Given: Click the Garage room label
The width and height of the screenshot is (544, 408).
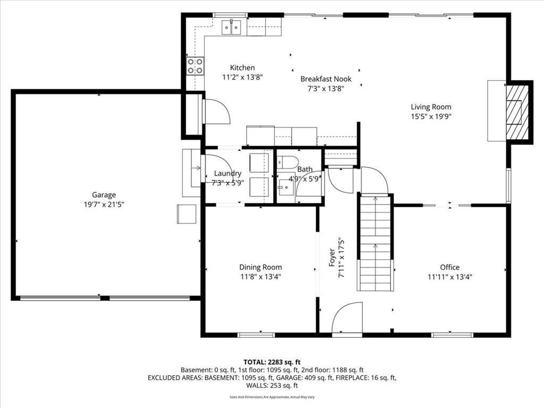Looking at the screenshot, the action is [104, 195].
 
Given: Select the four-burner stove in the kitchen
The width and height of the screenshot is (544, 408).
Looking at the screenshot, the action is [195, 66].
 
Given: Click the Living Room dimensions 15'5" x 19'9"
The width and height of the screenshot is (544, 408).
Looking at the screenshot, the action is [431, 116].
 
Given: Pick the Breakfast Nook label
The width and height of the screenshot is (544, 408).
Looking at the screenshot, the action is [326, 79].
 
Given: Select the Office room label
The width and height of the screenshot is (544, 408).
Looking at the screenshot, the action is [450, 267].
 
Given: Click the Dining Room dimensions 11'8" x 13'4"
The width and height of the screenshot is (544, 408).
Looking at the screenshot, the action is [260, 277].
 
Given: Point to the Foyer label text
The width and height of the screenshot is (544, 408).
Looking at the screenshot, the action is [332, 258].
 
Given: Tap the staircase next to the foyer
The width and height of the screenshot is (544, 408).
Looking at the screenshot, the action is [376, 242].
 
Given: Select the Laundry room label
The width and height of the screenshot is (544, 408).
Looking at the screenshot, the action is [227, 174].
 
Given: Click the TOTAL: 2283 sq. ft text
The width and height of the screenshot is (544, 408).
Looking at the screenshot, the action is [272, 362].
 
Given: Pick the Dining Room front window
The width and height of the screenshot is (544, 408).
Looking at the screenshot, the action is [256, 335].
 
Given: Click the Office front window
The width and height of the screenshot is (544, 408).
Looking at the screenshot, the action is [452, 335].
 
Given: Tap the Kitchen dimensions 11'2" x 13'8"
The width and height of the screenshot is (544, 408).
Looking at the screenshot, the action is [242, 77].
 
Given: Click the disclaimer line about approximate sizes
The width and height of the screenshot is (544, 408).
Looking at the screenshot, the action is [272, 397].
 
